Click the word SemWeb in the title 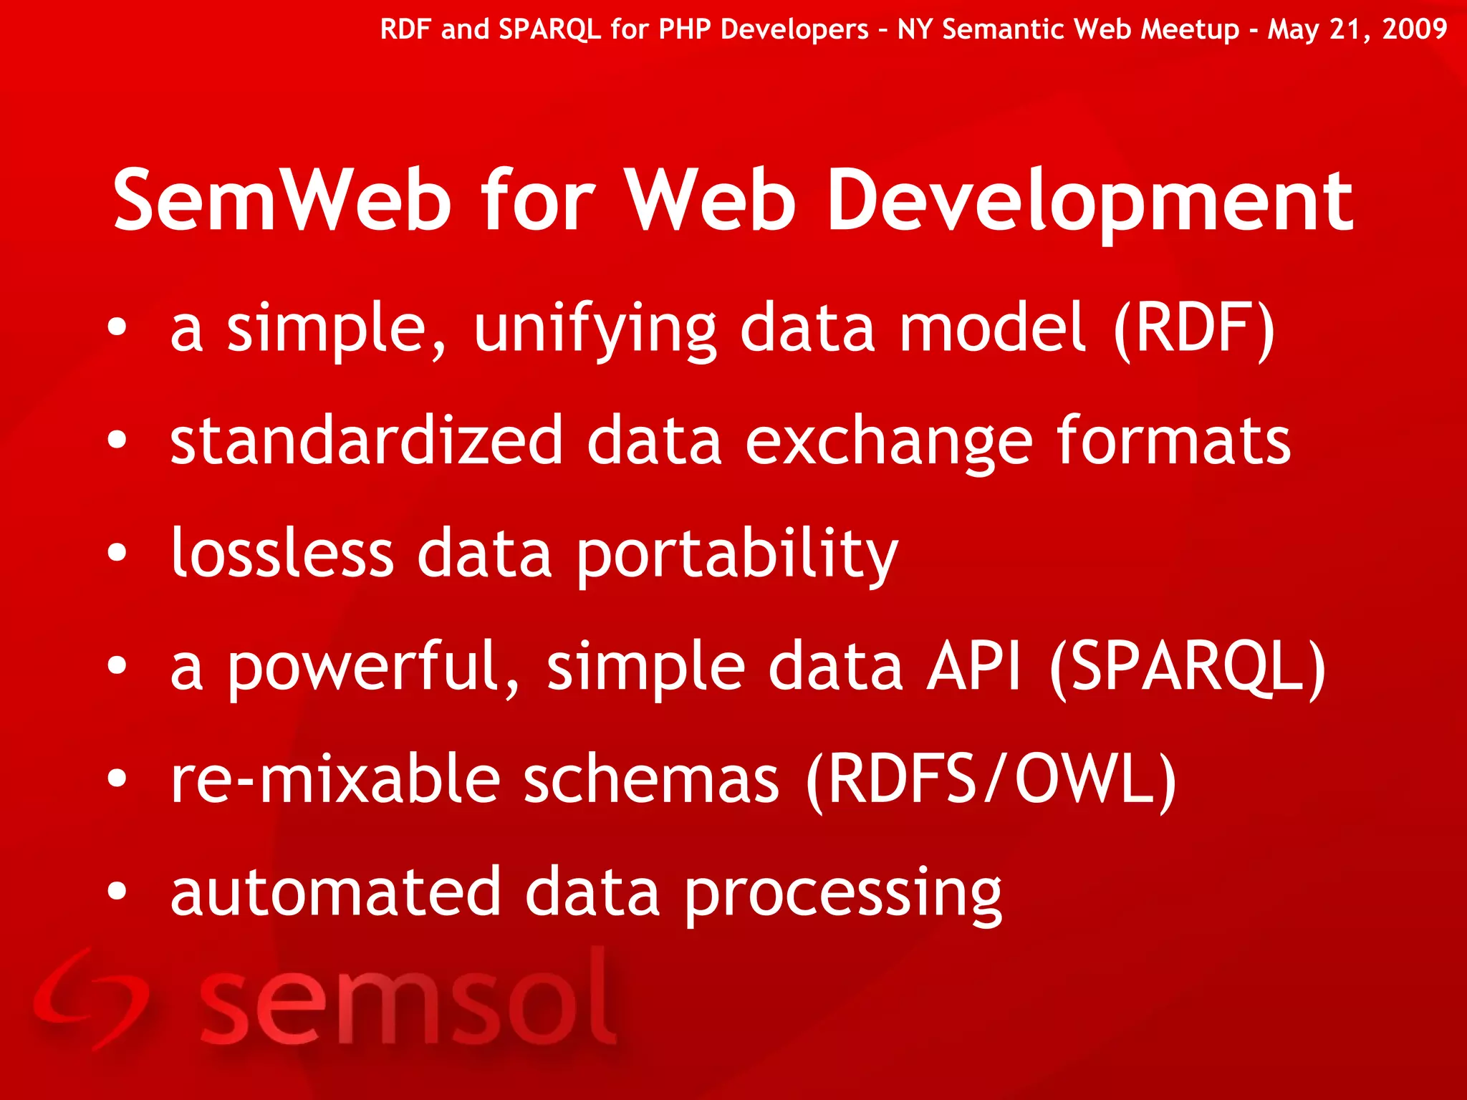283,201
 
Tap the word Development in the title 1090,203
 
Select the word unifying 595,329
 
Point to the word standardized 366,440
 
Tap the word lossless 282,553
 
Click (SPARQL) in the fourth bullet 1188,667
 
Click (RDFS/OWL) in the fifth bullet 991,781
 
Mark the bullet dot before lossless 117,553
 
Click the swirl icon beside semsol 90,999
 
